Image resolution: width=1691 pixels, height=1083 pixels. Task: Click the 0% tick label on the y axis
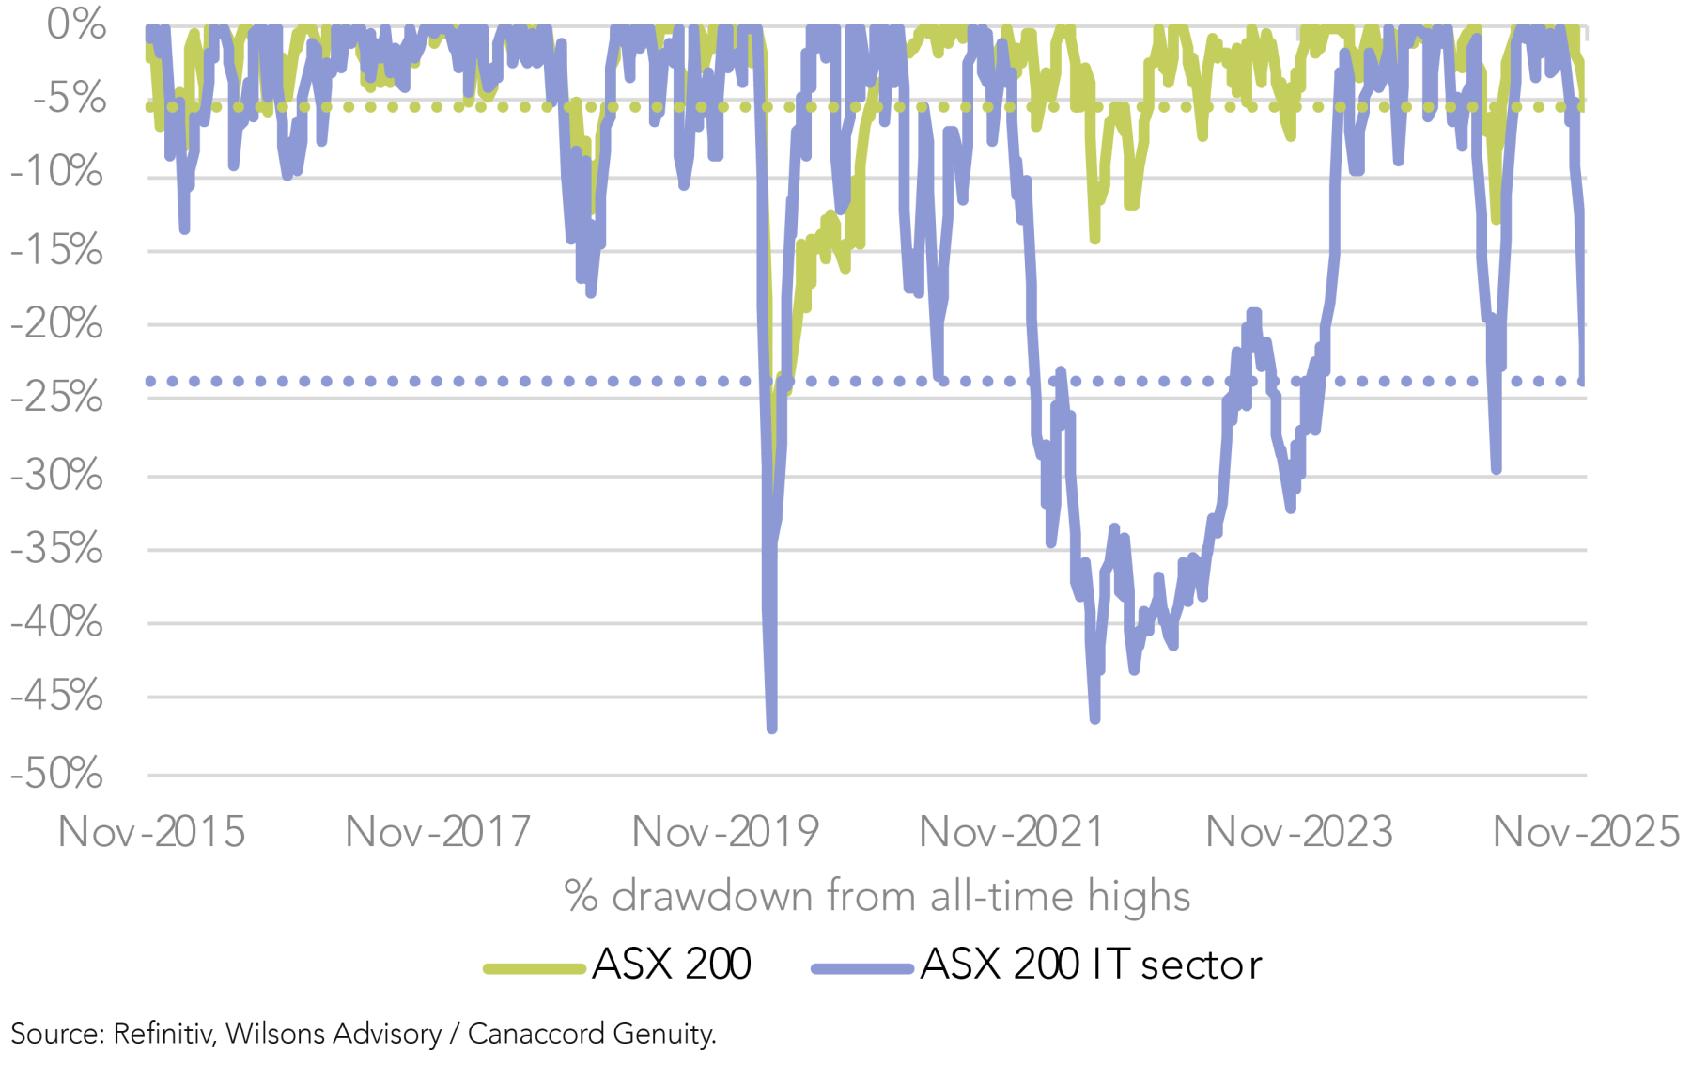point(76,24)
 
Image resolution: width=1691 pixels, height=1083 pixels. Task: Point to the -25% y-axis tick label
point(57,398)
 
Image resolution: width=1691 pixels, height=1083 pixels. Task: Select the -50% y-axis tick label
point(57,774)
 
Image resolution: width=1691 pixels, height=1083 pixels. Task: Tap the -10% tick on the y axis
point(57,172)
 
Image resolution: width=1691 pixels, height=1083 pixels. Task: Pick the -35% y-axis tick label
point(57,548)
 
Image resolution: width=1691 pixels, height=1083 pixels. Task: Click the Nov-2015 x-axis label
point(151,832)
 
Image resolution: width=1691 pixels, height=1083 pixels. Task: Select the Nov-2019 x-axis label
point(725,832)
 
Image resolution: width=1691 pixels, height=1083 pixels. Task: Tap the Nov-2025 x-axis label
point(1586,832)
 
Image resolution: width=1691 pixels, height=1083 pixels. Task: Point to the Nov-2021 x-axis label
point(1012,832)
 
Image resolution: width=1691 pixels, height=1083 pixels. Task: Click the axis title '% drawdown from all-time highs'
point(877,896)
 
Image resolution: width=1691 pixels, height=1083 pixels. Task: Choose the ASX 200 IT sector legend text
point(1091,965)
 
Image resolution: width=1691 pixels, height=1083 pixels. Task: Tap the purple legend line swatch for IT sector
point(862,968)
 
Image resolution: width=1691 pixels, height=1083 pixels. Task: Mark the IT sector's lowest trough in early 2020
point(772,728)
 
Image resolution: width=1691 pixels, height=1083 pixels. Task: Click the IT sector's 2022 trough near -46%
point(1095,719)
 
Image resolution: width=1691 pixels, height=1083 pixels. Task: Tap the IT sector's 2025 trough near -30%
point(1497,469)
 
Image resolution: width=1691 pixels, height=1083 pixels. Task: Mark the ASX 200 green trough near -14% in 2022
point(1094,240)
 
